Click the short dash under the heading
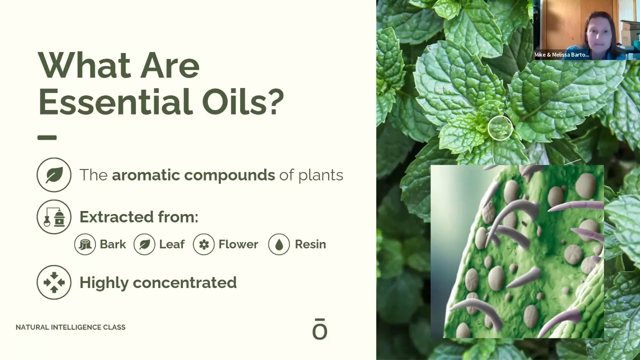click(47, 137)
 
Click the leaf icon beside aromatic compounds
click(54, 175)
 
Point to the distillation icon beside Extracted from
click(54, 217)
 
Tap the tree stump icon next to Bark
click(85, 244)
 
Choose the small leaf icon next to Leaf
click(144, 244)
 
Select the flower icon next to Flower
click(203, 244)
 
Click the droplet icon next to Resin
click(279, 244)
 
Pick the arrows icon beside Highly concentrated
click(54, 282)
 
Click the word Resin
click(310, 244)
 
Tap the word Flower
click(238, 244)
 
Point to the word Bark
click(112, 244)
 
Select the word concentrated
click(184, 282)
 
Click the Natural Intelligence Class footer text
click(70, 327)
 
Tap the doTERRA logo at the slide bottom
click(319, 329)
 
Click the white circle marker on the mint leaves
click(500, 128)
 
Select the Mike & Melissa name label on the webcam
click(561, 55)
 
